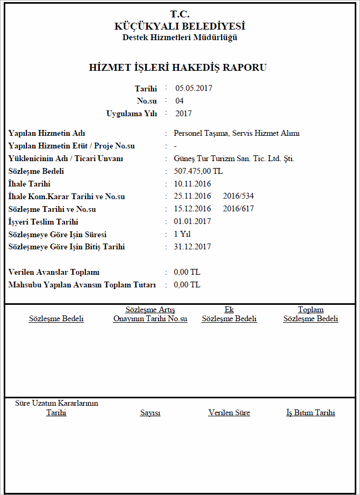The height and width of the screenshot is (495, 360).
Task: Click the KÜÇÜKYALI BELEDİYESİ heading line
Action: (x=179, y=26)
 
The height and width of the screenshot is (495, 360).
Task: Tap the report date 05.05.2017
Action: (x=194, y=88)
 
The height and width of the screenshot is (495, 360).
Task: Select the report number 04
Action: (x=179, y=101)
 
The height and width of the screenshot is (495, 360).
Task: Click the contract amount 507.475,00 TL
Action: (x=198, y=171)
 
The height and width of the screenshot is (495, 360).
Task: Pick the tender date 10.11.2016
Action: (x=192, y=184)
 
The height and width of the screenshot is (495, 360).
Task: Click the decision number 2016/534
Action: (x=238, y=197)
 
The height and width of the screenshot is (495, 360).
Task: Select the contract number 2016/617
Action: (x=238, y=209)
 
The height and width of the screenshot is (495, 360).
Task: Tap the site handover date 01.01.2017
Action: (x=192, y=222)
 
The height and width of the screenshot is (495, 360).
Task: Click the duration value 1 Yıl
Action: (x=182, y=234)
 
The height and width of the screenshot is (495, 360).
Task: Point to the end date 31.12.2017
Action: (x=192, y=247)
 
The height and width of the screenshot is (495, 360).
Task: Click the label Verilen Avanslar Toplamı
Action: (x=54, y=272)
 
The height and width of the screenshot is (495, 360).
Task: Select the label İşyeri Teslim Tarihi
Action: (x=43, y=222)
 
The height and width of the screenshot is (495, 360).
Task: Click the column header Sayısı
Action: (x=150, y=413)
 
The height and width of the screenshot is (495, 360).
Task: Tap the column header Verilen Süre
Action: (x=229, y=413)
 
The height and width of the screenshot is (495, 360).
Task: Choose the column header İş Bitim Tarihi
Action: (x=310, y=413)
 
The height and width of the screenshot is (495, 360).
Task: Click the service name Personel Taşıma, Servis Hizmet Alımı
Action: (x=236, y=133)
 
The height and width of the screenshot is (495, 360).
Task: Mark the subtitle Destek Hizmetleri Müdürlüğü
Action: (x=179, y=38)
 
